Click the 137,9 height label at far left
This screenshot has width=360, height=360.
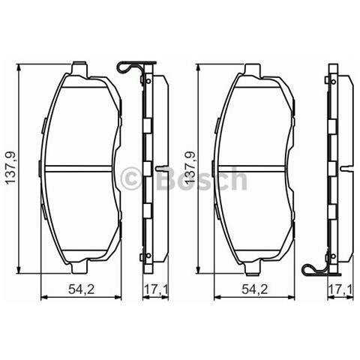pos(9,168)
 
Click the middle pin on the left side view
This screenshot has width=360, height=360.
pos(162,167)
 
